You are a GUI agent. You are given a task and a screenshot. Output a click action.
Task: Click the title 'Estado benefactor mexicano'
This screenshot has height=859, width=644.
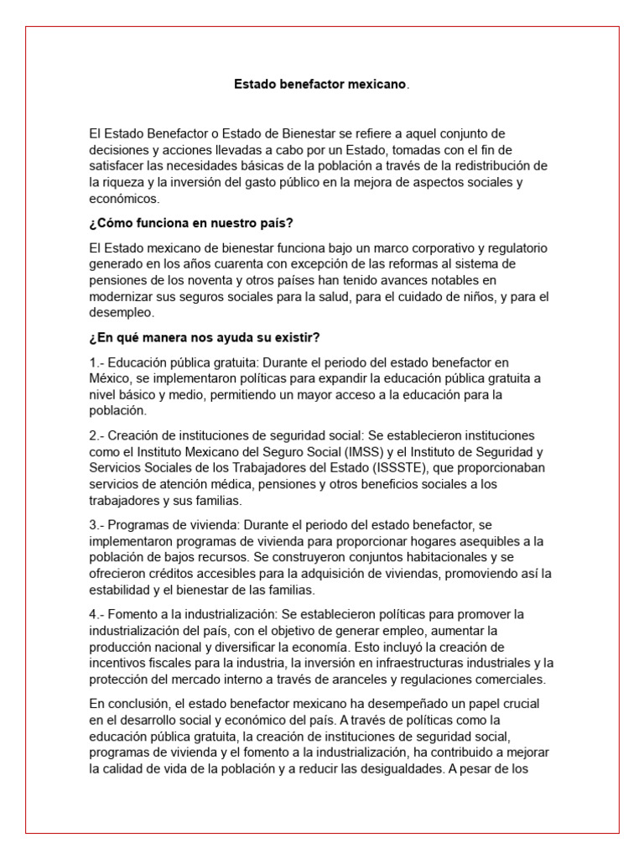coord(320,85)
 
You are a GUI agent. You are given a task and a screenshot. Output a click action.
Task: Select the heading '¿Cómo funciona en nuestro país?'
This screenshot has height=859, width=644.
coord(190,223)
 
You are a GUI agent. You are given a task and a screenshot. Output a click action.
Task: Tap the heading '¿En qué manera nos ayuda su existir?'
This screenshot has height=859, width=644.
coord(204,337)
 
